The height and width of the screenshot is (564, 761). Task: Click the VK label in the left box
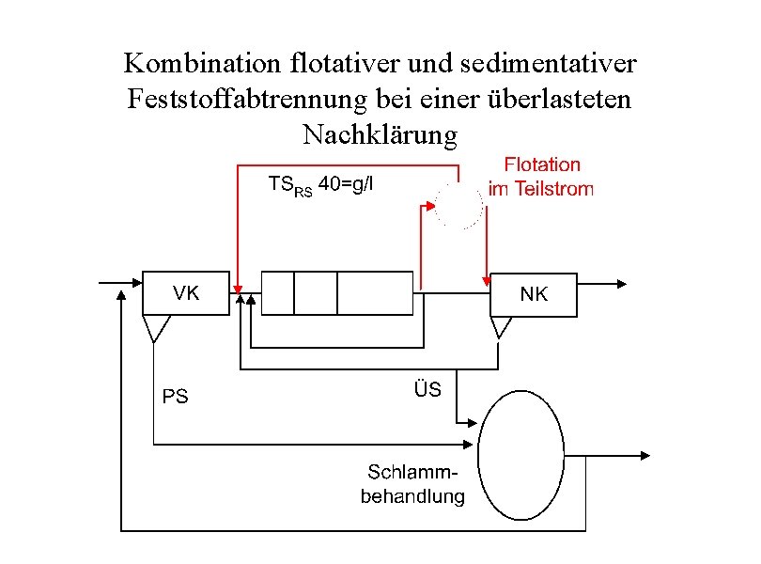pos(185,292)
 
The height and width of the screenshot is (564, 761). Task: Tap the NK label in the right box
pos(534,294)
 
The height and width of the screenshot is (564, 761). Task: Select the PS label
pos(176,397)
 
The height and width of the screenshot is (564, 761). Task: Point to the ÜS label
pos(427,388)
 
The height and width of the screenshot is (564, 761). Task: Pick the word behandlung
pos(412,495)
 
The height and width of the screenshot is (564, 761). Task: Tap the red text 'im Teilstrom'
pos(541,189)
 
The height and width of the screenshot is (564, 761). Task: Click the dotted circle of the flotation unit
pos(459,206)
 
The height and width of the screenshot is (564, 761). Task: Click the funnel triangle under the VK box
pos(156,326)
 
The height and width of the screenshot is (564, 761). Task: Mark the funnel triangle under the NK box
pos(501,325)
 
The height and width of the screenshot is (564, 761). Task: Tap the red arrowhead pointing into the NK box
pos(487,278)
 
